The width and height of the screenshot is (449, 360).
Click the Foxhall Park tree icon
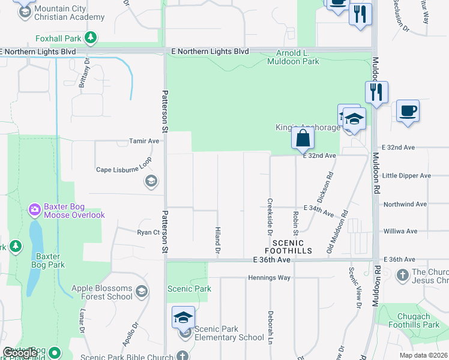point(90,39)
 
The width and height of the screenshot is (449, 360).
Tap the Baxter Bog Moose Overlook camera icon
point(34,209)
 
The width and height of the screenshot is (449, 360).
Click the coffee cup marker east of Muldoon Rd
point(408,111)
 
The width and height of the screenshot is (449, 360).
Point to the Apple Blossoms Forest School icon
point(141,292)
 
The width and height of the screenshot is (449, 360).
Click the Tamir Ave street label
point(144,141)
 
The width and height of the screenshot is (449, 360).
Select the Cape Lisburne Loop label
point(120,170)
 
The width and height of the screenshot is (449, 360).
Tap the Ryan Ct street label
point(147,232)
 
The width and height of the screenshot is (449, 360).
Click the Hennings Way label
point(270,278)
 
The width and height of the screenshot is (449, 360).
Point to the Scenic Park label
point(189,289)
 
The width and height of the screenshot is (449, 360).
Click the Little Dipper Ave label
point(406,176)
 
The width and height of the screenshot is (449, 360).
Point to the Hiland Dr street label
point(218,240)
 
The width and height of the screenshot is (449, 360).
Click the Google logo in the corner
point(20,353)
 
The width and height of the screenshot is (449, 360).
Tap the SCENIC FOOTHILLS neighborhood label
point(288,247)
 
